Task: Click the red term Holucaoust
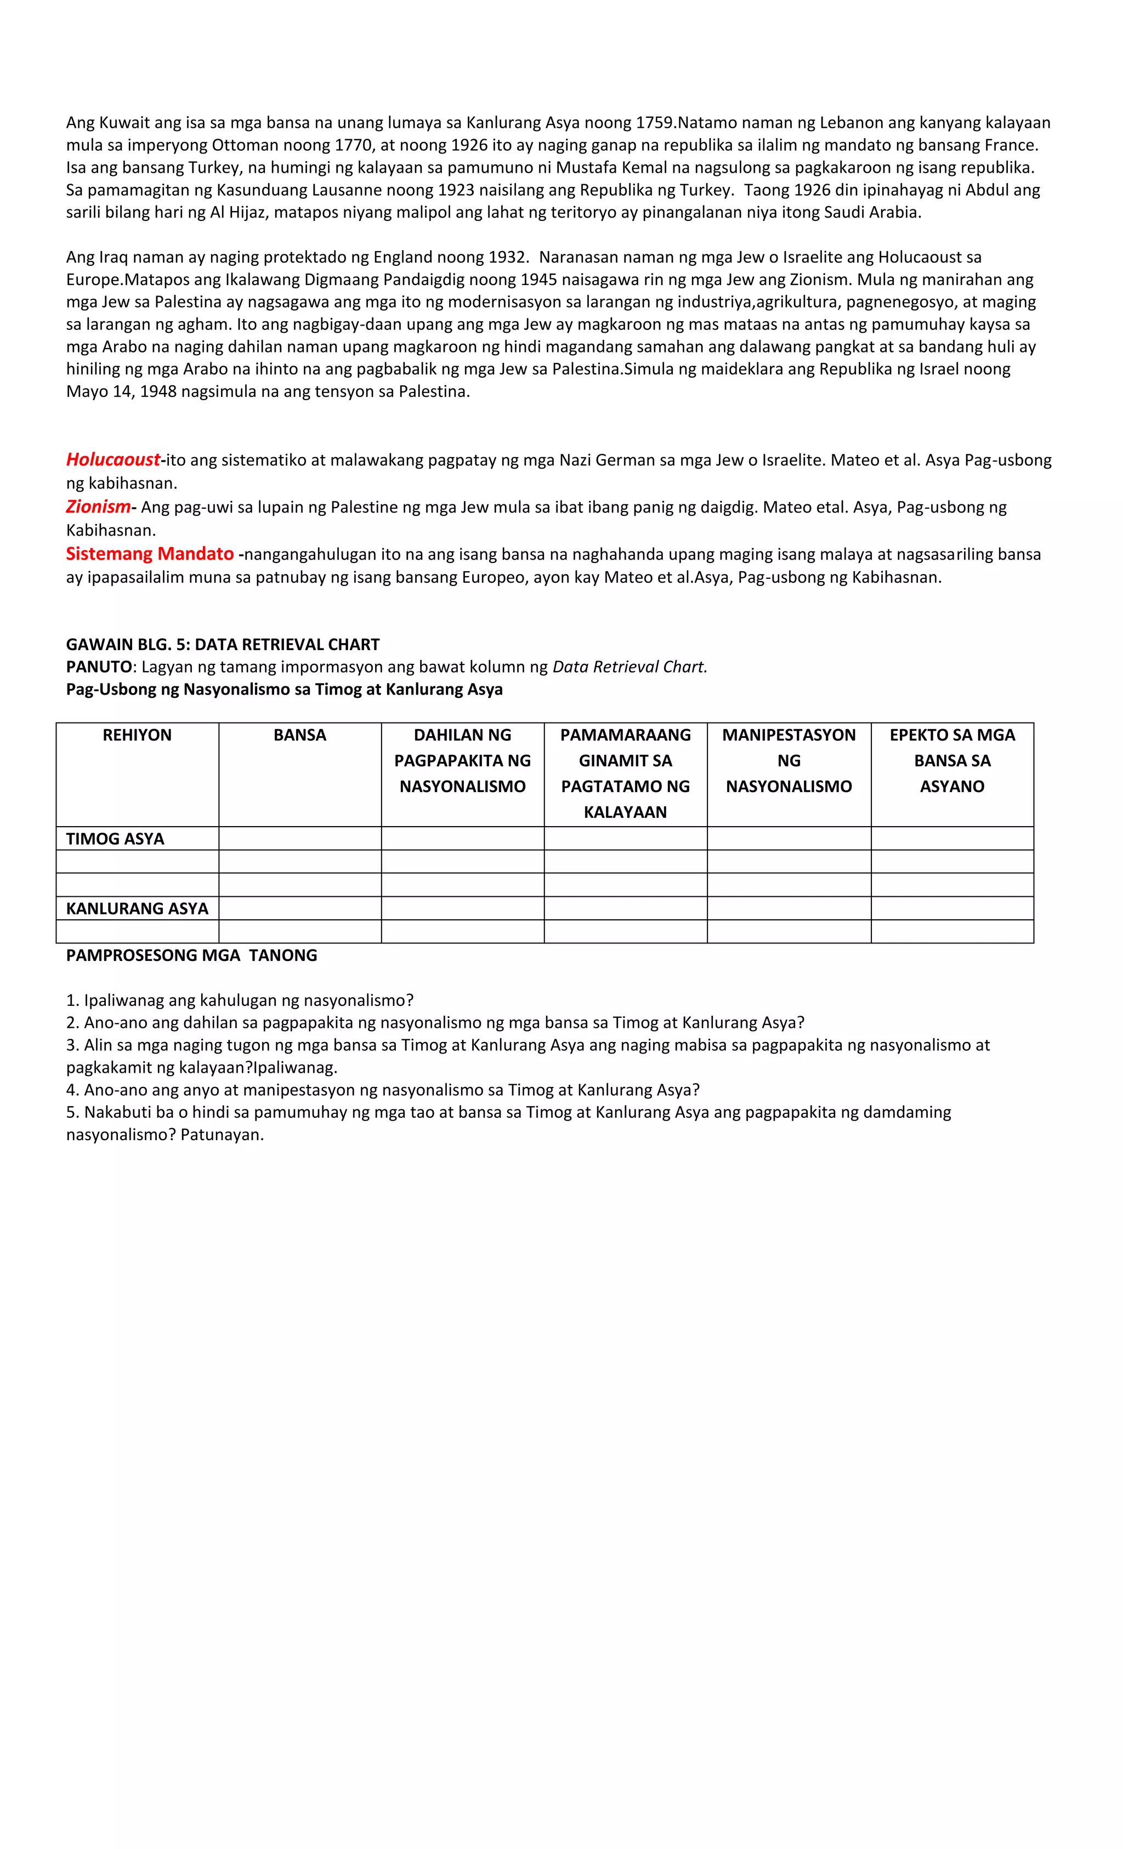click(x=112, y=459)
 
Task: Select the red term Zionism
click(x=98, y=507)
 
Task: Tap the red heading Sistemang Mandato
click(x=149, y=554)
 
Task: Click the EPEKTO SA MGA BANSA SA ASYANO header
click(x=952, y=760)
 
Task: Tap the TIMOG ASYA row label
click(x=115, y=839)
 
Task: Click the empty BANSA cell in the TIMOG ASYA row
click(x=299, y=838)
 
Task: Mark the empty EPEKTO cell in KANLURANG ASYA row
click(x=952, y=908)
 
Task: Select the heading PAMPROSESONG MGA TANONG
click(x=191, y=955)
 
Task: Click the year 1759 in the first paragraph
click(x=655, y=122)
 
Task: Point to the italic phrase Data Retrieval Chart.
click(x=629, y=667)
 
